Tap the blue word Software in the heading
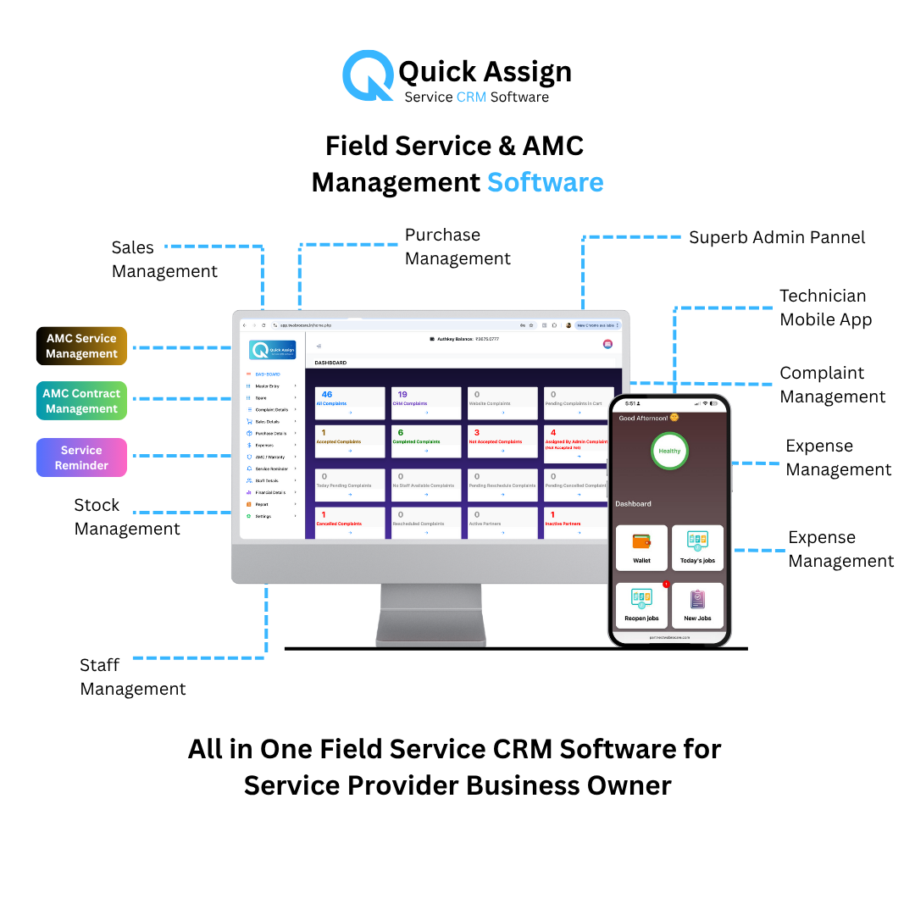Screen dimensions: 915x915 545,182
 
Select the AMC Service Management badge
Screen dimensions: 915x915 81,347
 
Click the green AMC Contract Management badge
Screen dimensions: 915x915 81,401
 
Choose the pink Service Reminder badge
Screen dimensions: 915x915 81,457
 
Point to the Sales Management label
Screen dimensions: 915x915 164,259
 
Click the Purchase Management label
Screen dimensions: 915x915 457,247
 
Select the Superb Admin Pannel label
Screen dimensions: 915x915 777,237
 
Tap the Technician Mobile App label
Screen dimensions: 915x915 825,308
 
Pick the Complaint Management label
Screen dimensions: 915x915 832,385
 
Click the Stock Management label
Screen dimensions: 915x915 127,517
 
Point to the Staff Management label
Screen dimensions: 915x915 133,677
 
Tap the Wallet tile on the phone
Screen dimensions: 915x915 642,548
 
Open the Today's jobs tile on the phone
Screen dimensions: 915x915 697,548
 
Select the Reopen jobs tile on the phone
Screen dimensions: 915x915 642,605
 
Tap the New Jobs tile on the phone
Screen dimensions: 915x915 697,605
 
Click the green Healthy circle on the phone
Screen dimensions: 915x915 669,451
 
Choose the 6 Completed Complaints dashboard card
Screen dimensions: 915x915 426,441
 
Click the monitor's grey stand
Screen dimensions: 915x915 431,615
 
